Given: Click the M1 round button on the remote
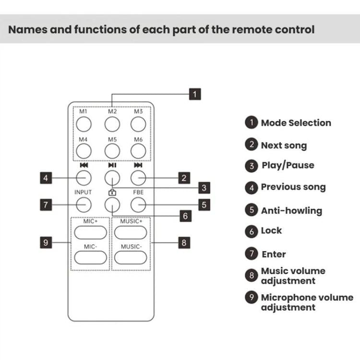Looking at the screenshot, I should pyautogui.click(x=84, y=124).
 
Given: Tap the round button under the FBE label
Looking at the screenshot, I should pyautogui.click(x=138, y=205).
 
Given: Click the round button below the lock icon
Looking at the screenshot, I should pyautogui.click(x=112, y=205).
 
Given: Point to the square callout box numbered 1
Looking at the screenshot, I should pyautogui.click(x=194, y=94).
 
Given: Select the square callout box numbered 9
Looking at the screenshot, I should pyautogui.click(x=46, y=242).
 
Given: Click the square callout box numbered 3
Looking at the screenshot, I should pyautogui.click(x=204, y=188).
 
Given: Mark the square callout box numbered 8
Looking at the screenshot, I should pyautogui.click(x=183, y=242).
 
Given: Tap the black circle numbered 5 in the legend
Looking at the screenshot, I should pyautogui.click(x=252, y=210).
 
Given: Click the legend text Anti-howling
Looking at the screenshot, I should pyautogui.click(x=291, y=210).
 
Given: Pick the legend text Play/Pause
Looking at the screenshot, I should pyautogui.click(x=288, y=166).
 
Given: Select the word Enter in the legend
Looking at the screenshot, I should pyautogui.click(x=274, y=254).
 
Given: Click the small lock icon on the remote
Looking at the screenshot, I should pyautogui.click(x=112, y=192).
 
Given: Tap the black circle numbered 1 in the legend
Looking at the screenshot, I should pyautogui.click(x=252, y=122).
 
